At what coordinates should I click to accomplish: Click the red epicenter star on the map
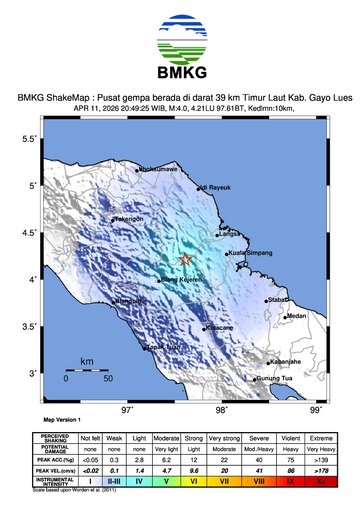tap(185, 260)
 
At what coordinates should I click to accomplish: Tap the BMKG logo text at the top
tap(180, 73)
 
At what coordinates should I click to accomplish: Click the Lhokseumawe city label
tap(160, 170)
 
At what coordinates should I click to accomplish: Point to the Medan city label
tap(296, 315)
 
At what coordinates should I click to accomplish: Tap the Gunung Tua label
tap(276, 379)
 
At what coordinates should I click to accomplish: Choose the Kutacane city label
tap(220, 327)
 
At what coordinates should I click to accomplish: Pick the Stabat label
tap(278, 298)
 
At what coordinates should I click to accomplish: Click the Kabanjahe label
tap(283, 361)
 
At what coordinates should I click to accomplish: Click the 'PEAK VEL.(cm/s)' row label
tap(54, 470)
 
